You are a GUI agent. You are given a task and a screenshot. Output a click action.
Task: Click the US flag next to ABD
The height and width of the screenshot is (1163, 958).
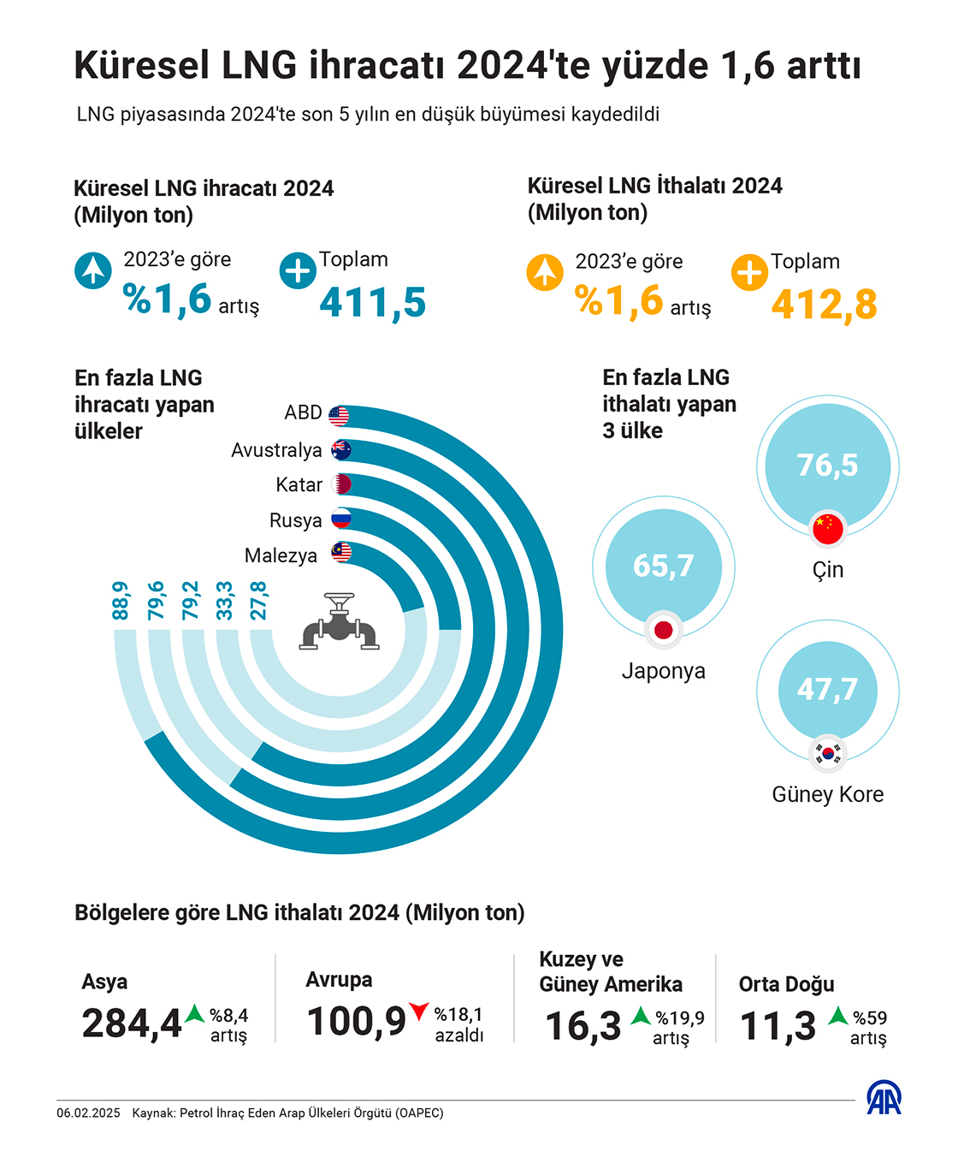[x=339, y=416]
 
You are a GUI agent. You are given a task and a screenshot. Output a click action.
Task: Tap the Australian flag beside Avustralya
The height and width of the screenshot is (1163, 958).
[x=341, y=450]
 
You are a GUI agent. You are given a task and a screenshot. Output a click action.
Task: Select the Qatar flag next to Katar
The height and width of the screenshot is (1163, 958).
[x=341, y=484]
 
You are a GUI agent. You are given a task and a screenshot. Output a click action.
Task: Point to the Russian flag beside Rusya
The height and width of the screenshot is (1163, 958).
[x=341, y=519]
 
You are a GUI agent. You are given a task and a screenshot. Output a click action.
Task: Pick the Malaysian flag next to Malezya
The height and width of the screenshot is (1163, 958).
[x=341, y=553]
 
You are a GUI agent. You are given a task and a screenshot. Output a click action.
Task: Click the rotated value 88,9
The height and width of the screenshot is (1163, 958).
[x=121, y=601]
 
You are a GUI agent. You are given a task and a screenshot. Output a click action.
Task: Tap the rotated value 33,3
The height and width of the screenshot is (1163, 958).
[x=224, y=601]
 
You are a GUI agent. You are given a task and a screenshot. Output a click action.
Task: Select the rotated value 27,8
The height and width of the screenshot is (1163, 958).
[x=258, y=601]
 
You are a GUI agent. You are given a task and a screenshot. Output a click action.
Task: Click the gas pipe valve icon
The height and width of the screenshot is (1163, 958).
[x=340, y=622]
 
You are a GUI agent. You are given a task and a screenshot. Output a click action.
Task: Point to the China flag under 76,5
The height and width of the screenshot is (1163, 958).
[x=827, y=528]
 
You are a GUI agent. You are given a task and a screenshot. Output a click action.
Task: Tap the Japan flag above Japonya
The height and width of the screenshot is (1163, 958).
[x=664, y=631]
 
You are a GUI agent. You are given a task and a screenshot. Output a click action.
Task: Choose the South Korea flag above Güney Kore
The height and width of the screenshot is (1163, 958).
[x=827, y=753]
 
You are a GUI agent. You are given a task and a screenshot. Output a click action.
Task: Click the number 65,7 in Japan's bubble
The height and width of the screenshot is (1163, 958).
[x=663, y=566]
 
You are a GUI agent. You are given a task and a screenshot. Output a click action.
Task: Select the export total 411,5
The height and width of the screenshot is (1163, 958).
[x=373, y=302]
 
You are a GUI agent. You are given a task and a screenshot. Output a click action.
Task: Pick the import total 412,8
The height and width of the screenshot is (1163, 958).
[x=824, y=305]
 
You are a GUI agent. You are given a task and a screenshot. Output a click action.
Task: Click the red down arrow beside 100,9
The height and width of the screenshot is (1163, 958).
[x=418, y=1012]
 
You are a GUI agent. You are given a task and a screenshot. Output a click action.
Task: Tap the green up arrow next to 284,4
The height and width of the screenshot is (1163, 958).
[x=195, y=1014]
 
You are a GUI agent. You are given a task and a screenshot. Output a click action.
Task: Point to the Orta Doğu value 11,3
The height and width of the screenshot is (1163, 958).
[x=778, y=1026]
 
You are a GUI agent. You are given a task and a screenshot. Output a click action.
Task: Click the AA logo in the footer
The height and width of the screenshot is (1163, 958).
[x=884, y=1098]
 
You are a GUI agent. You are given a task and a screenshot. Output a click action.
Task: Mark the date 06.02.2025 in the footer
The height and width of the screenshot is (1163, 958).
[x=89, y=1113]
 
